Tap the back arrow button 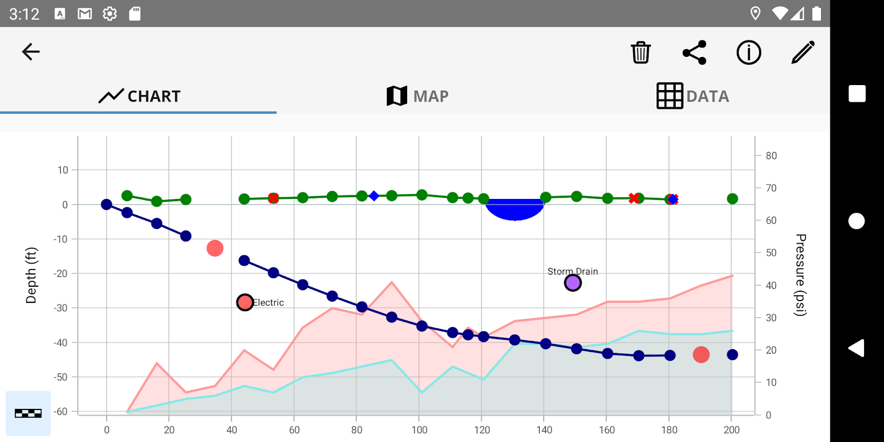pyautogui.click(x=31, y=52)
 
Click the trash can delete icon pyautogui.click(x=640, y=52)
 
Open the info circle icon pyautogui.click(x=749, y=52)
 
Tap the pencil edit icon pyautogui.click(x=803, y=52)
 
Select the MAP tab pyautogui.click(x=418, y=96)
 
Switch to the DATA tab pyautogui.click(x=692, y=96)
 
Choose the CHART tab pyautogui.click(x=139, y=96)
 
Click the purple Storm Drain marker pyautogui.click(x=573, y=283)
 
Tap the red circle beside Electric pyautogui.click(x=245, y=302)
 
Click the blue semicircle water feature pyautogui.click(x=515, y=208)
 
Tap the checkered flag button pyautogui.click(x=28, y=413)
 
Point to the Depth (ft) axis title pyautogui.click(x=31, y=275)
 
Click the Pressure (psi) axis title pyautogui.click(x=800, y=275)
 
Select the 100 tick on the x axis pyautogui.click(x=419, y=430)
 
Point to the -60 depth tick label pyautogui.click(x=61, y=412)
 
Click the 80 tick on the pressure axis pyautogui.click(x=771, y=156)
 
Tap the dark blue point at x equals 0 pyautogui.click(x=107, y=204)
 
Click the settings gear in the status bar pyautogui.click(x=110, y=14)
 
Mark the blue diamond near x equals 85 pyautogui.click(x=374, y=196)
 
